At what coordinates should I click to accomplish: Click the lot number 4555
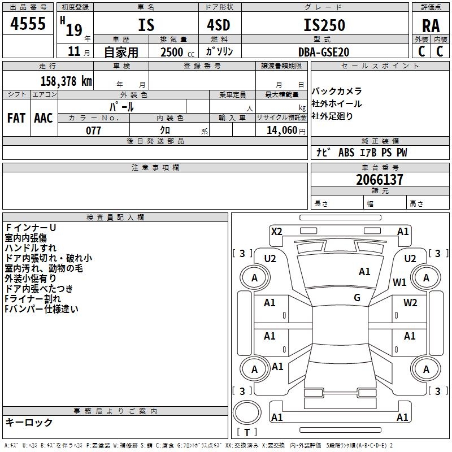[28, 24]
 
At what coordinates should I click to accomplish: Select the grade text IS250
[324, 25]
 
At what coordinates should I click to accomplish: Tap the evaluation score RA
[431, 26]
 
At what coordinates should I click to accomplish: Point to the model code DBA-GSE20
[324, 51]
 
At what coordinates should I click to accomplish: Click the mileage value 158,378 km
[66, 81]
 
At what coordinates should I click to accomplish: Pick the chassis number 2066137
[380, 180]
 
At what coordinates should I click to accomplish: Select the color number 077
[93, 131]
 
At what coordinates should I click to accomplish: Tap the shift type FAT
[16, 118]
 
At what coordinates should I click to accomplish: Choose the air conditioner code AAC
[44, 118]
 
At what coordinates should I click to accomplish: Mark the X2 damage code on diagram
[276, 231]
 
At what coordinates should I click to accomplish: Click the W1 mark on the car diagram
[400, 282]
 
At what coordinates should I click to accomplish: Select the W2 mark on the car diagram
[410, 302]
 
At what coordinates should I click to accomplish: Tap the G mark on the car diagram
[357, 298]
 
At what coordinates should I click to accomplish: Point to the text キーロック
[29, 422]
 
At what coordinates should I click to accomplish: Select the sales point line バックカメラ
[337, 91]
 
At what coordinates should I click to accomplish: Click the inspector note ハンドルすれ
[31, 247]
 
